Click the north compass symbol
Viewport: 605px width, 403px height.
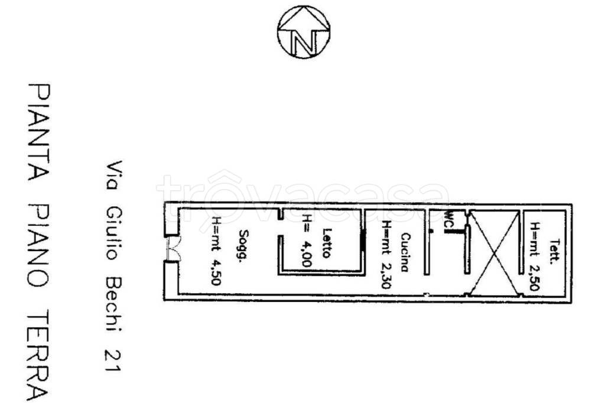[x=304, y=32]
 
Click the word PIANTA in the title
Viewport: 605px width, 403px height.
[x=38, y=132]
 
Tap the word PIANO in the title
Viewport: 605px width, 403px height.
[x=38, y=245]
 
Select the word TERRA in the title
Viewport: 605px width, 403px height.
[x=38, y=355]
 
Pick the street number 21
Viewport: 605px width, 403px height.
[x=113, y=361]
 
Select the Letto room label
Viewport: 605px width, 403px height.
[x=326, y=243]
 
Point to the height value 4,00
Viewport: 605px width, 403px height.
[x=307, y=253]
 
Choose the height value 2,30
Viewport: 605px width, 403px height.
[x=386, y=275]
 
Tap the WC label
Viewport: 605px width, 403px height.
[x=448, y=219]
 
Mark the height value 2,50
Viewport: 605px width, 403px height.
[x=534, y=277]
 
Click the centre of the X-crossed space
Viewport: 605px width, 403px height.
[x=495, y=253]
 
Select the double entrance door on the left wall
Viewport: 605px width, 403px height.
[x=173, y=248]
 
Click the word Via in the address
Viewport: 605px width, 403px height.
[x=113, y=175]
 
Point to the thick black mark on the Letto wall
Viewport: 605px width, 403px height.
[x=363, y=241]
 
